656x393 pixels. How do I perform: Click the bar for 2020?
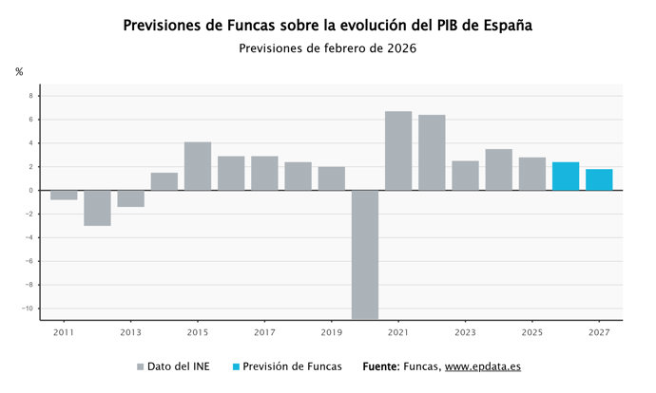tap(365, 254)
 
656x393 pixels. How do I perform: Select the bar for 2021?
tap(398, 151)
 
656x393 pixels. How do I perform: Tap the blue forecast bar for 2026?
tap(566, 177)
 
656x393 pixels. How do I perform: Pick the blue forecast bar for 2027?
tap(599, 179)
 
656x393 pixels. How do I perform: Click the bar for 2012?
tap(97, 208)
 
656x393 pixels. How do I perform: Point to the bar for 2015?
tap(198, 166)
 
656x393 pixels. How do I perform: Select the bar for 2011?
tap(64, 196)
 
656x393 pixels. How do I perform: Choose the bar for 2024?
tap(498, 170)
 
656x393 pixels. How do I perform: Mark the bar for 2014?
tap(164, 181)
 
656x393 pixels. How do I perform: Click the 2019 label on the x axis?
tap(331, 333)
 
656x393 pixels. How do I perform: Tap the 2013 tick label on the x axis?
tap(130, 333)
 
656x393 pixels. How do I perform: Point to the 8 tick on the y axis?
tap(30, 96)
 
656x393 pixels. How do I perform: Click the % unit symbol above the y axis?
tap(19, 72)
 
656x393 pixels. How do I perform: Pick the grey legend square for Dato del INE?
tap(141, 366)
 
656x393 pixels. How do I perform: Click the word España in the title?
tap(501, 26)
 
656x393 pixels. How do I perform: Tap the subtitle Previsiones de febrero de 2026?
tap(327, 48)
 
